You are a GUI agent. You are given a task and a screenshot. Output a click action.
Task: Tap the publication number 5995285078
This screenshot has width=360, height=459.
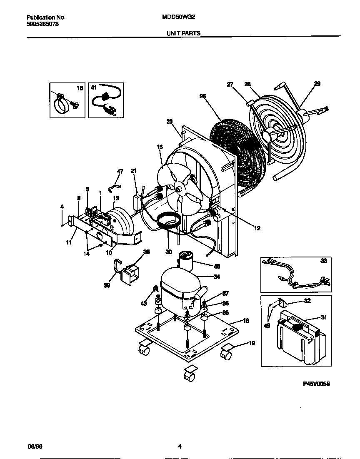click(x=42, y=24)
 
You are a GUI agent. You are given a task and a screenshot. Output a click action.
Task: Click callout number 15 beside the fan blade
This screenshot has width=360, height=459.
click(x=160, y=147)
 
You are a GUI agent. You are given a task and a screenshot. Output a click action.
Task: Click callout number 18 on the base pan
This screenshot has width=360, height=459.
click(x=246, y=321)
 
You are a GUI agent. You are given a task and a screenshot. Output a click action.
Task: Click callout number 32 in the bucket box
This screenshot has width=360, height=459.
click(x=308, y=300)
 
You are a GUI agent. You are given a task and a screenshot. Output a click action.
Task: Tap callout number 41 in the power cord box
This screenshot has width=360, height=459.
click(x=93, y=88)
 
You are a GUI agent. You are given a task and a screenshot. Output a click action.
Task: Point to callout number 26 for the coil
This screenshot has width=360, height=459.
click(x=203, y=96)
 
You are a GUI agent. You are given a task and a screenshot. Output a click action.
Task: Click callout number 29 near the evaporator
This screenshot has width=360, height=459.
click(x=317, y=84)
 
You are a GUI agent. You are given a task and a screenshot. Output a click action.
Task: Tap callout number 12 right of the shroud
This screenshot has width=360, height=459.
click(x=257, y=228)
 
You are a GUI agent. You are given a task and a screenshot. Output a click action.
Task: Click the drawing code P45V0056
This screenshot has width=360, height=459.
click(x=316, y=385)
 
